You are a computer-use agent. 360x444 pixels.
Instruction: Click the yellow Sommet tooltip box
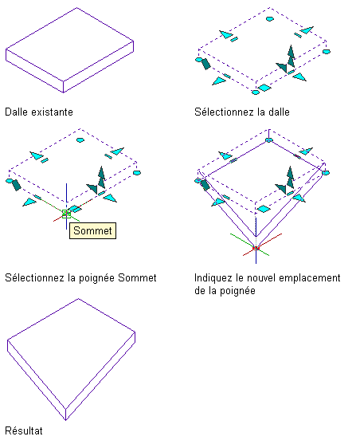(x=92, y=230)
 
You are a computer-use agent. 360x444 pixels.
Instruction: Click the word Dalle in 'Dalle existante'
(x=17, y=112)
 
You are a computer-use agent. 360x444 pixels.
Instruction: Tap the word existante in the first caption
(x=52, y=112)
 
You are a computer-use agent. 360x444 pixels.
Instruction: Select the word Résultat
(x=24, y=430)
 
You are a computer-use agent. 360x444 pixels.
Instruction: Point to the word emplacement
(x=310, y=278)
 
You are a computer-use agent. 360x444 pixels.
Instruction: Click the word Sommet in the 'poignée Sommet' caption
(x=137, y=277)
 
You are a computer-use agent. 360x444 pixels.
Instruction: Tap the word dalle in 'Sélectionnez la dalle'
(x=279, y=112)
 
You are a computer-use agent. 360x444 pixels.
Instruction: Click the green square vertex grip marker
(x=67, y=214)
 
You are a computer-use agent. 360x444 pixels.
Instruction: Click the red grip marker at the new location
(x=256, y=249)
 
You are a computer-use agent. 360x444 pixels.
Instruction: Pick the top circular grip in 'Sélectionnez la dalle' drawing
(x=270, y=19)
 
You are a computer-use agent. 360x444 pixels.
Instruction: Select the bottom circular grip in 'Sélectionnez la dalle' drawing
(x=256, y=92)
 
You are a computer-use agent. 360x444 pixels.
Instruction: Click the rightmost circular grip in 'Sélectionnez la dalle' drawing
(x=327, y=52)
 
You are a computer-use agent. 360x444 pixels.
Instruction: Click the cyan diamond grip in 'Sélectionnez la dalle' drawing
(x=264, y=88)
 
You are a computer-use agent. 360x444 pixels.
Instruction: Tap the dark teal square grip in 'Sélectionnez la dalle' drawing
(x=205, y=64)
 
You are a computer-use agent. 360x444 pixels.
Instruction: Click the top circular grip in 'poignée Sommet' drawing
(x=80, y=139)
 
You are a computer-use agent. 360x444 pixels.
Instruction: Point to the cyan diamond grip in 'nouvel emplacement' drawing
(x=264, y=210)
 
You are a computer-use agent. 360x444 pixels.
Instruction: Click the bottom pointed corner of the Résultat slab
(x=65, y=420)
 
